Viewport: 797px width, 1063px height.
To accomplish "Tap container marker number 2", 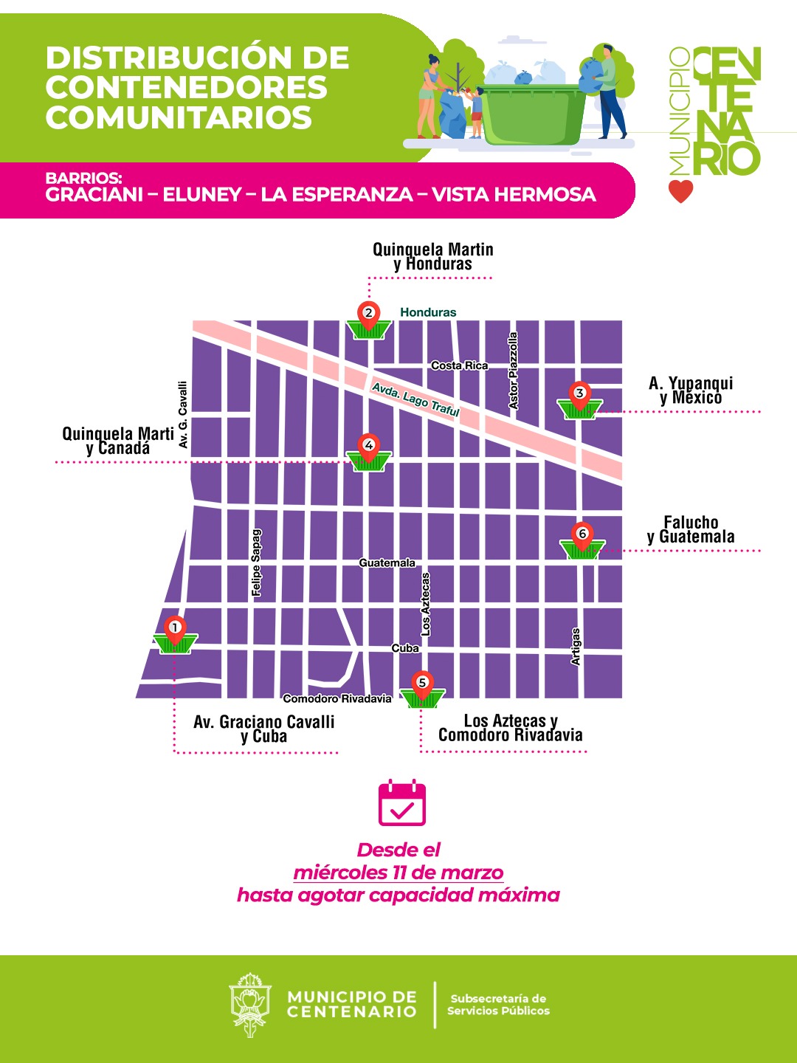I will point(368,320).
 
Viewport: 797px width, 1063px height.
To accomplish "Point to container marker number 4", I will point(369,453).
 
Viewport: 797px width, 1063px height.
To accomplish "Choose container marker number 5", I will point(422,690).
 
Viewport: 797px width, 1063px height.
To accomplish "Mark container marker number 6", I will point(582,541).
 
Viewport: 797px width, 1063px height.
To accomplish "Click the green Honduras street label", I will point(428,312).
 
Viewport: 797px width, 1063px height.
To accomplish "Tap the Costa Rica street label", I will point(459,365).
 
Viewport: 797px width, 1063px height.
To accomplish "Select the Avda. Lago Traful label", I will point(415,399).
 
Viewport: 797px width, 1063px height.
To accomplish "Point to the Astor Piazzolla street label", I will point(514,371).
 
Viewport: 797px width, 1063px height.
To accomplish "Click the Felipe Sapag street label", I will point(256,563).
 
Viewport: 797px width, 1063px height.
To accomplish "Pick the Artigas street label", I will point(576,647).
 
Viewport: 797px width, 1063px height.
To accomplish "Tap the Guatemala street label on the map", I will point(387,563).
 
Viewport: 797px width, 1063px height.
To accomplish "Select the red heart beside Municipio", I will point(681,190).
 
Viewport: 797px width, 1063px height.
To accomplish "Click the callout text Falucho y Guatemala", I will point(691,530).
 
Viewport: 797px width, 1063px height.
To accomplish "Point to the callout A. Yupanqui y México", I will point(691,391).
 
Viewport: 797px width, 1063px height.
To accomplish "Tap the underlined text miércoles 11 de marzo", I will point(398,873).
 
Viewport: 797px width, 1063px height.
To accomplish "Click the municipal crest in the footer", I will point(250,1004).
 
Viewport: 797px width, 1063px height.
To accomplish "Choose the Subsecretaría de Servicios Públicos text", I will point(498,1005).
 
